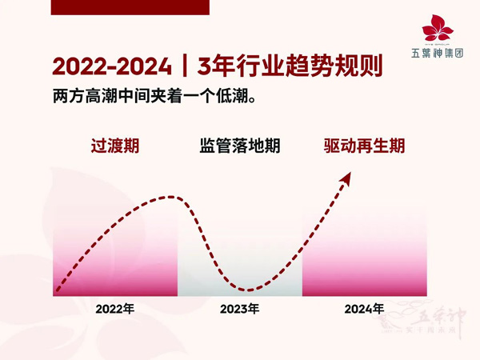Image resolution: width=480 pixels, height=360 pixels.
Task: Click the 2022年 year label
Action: point(115,309)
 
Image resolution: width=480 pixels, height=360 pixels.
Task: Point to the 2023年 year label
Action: point(240,309)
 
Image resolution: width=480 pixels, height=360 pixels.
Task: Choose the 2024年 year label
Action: point(364,309)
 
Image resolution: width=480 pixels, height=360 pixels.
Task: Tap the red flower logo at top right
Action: point(438,29)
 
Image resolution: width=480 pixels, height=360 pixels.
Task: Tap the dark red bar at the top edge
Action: point(129,6)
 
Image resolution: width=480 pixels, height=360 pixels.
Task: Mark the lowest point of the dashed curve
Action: point(248,290)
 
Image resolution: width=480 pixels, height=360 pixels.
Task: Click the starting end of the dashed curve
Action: point(58,292)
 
